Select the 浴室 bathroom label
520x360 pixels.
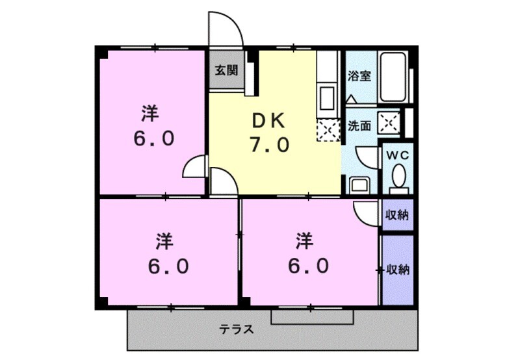359,76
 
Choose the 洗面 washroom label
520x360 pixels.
359,125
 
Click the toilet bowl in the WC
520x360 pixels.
398,176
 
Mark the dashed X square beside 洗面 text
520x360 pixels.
390,122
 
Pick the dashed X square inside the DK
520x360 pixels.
327,130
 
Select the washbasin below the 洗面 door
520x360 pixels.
359,184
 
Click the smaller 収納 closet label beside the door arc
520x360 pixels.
397,215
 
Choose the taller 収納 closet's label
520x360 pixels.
398,269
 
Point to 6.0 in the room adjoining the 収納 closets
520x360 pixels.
309,265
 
